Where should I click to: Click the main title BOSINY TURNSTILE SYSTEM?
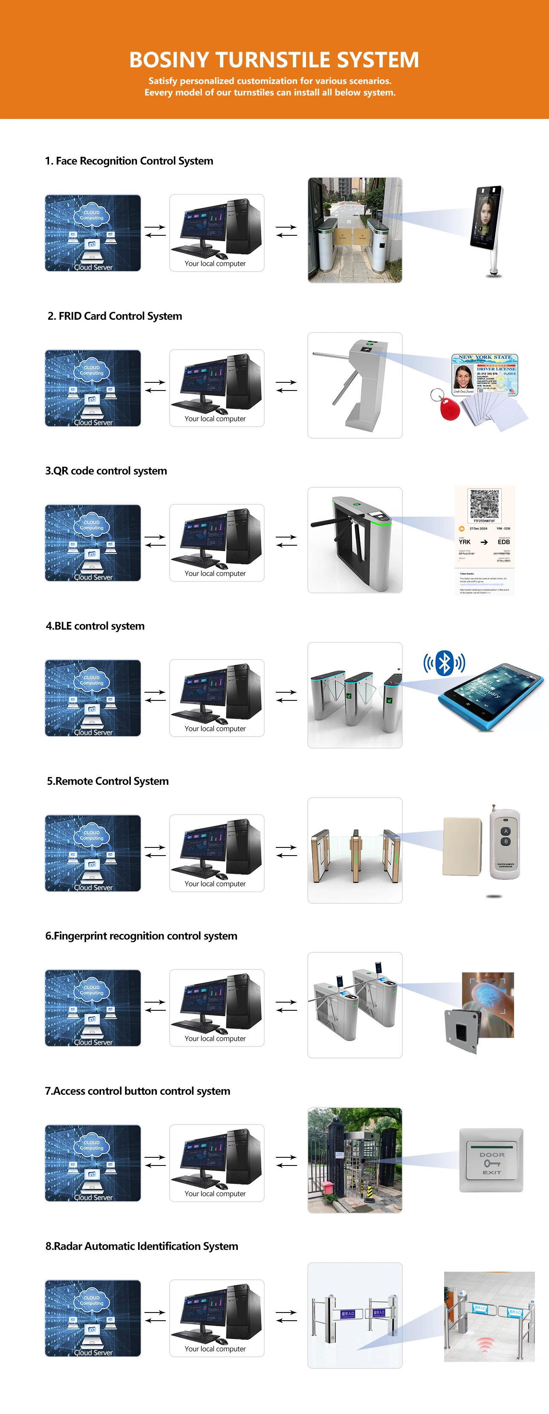[x=274, y=59]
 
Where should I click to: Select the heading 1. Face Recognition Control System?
[x=129, y=161]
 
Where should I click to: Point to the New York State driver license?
[x=484, y=374]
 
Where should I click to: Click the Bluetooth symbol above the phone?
[x=444, y=663]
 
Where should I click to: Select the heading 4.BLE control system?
[x=95, y=626]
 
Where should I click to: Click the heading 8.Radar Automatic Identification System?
[x=142, y=1246]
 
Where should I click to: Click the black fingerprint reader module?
[x=462, y=1032]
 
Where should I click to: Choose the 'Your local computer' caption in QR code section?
[x=215, y=574]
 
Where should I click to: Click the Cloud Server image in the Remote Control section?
[x=93, y=853]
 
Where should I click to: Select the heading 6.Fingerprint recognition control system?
[x=141, y=936]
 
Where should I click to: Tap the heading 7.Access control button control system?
[x=137, y=1091]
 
